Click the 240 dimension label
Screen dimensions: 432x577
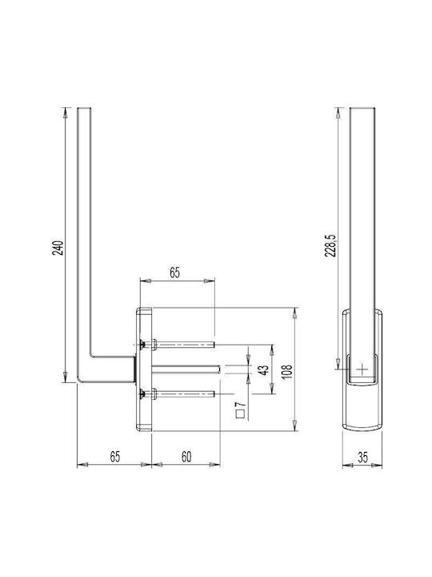coord(58,248)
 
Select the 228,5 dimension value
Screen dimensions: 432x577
coord(330,244)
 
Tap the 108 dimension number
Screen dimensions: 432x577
coord(287,371)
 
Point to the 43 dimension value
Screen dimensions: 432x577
coord(263,369)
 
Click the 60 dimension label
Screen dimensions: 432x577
coord(186,457)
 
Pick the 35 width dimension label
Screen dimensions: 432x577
coord(362,457)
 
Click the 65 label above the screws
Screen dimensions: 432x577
coord(175,272)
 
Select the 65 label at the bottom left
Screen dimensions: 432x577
coord(115,457)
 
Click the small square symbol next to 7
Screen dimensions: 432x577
coord(241,414)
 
